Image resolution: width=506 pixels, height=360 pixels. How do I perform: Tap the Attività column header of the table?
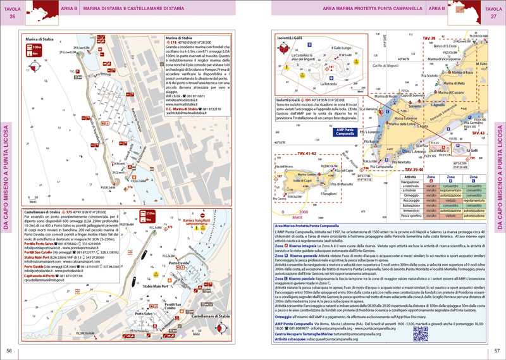click(414, 178)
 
